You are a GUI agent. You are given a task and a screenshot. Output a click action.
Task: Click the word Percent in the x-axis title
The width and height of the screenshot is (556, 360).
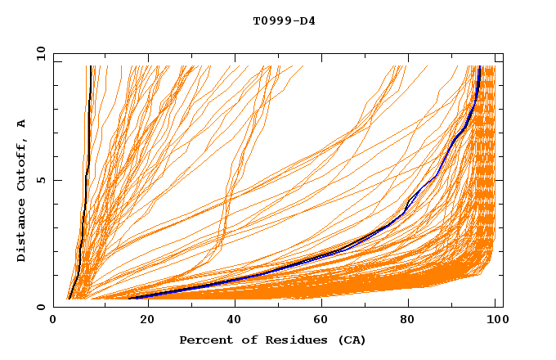[x=203, y=340]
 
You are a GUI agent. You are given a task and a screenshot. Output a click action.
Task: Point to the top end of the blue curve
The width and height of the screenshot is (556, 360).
[x=479, y=67]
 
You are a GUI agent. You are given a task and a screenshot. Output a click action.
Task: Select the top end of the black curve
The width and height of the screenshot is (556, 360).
[x=89, y=67]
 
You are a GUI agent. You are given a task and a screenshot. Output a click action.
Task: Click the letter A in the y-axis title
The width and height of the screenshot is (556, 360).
[x=22, y=124]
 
